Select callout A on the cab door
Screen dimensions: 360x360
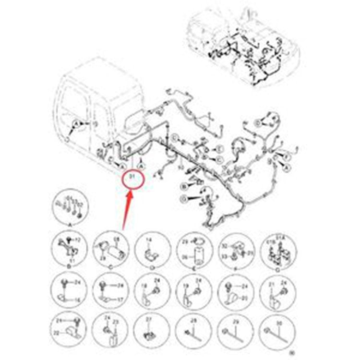(x=75, y=124)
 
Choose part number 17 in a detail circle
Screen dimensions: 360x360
(x=120, y=299)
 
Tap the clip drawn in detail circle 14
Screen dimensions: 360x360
(x=151, y=252)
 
